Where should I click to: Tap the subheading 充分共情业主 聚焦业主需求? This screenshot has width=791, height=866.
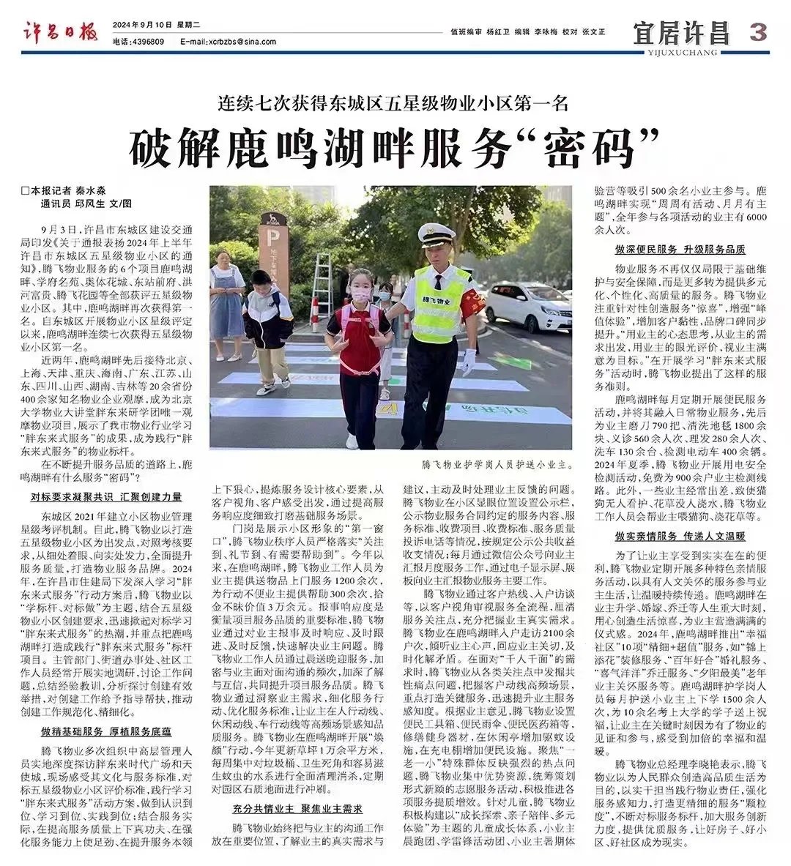[x=297, y=808]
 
